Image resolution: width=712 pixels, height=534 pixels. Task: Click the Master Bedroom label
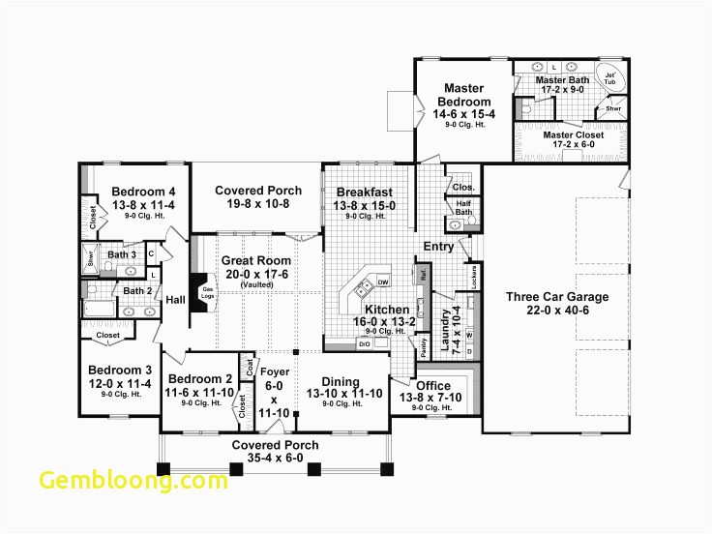[x=464, y=95]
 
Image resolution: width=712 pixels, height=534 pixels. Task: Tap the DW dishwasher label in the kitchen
[x=383, y=282]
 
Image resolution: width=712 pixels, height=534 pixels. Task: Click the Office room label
[x=433, y=386]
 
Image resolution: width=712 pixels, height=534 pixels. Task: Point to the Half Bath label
[x=463, y=208]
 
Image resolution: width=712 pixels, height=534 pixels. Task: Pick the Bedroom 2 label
[x=200, y=379]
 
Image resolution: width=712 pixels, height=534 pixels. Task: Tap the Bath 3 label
[x=122, y=255]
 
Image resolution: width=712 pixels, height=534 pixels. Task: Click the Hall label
[x=175, y=300]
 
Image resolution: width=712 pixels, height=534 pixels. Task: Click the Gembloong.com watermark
[x=134, y=481]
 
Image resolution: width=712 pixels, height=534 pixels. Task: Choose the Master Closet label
[x=573, y=135]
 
